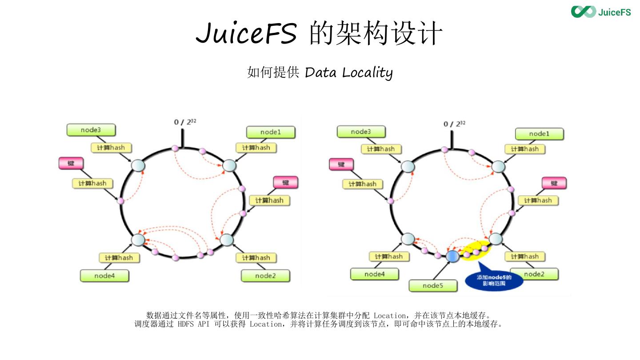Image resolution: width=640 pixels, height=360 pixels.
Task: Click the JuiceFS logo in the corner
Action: [601, 12]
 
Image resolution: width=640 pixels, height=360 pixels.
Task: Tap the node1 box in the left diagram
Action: [271, 132]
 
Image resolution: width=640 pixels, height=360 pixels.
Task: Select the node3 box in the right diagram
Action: [360, 132]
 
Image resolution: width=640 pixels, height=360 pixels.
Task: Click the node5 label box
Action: [432, 285]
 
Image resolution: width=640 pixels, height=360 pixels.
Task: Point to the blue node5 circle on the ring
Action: [452, 256]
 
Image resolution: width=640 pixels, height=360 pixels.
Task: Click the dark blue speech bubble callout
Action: [494, 280]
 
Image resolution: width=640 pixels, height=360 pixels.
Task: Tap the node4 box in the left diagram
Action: [104, 276]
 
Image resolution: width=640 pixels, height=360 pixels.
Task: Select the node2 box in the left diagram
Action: [265, 276]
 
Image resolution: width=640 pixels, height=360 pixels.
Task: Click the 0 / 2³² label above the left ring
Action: [185, 122]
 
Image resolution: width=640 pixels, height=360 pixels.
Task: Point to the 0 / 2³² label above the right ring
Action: [454, 124]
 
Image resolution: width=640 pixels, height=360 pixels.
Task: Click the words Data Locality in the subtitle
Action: [348, 72]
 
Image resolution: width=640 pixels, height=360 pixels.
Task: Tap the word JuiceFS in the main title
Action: [246, 34]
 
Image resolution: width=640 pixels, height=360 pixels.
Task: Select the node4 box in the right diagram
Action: [374, 274]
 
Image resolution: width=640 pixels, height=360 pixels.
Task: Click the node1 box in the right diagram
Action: [539, 134]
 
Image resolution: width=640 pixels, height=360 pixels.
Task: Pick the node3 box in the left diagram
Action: [91, 130]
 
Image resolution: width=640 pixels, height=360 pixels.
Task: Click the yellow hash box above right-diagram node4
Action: [388, 256]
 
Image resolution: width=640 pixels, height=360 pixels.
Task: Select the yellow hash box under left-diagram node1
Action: [256, 148]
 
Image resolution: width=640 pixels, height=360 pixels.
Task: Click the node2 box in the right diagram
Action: [534, 274]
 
